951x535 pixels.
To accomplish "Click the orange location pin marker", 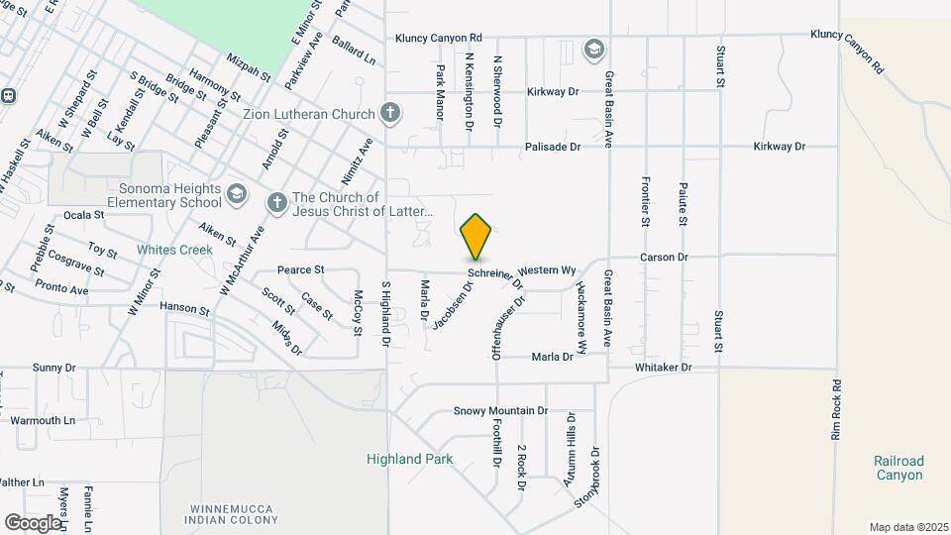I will (476, 237).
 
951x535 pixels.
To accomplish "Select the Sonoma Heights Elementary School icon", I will (236, 191).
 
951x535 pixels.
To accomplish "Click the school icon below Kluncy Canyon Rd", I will (593, 50).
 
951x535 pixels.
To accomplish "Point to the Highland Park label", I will (409, 459).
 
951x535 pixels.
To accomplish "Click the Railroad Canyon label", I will (898, 468).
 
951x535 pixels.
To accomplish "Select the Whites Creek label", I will (175, 250).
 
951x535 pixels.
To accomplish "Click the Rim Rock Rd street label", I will (836, 409).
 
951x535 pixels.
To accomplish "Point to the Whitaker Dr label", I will (663, 367).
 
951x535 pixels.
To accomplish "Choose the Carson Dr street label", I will (664, 257).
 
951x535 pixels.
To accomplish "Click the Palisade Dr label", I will (553, 147).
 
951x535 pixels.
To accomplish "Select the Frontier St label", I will (645, 209).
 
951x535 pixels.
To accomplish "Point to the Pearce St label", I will (301, 269).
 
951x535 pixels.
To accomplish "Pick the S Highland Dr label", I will (386, 313).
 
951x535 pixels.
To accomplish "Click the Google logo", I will (33, 522).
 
